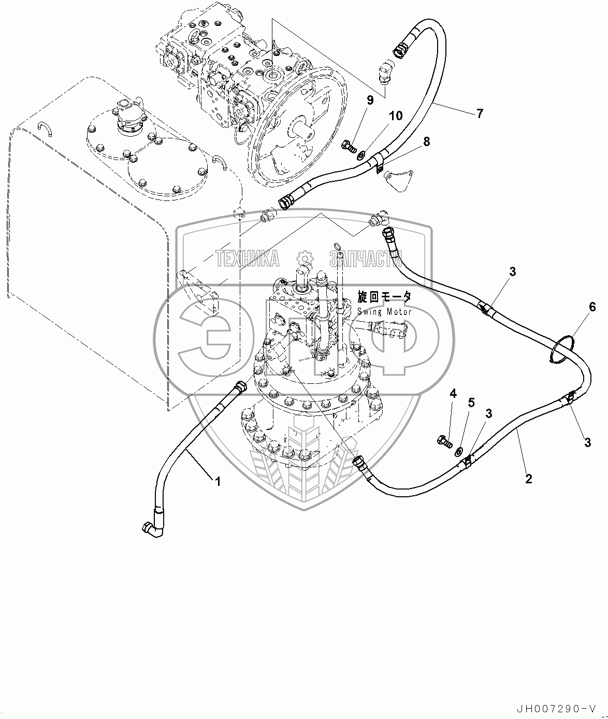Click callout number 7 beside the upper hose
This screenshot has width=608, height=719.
480,113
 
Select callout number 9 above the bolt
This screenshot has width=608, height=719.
370,100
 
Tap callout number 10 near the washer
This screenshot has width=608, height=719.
396,116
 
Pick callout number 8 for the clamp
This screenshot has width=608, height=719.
426,141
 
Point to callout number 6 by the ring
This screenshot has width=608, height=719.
592,307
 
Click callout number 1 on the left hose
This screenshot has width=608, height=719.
218,481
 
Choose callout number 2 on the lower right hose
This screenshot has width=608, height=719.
528,479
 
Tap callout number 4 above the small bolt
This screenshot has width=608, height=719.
453,394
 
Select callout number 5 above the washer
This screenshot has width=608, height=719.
471,402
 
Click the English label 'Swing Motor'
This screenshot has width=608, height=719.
384,311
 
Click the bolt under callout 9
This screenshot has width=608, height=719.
349,147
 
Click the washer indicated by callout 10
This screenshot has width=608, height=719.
361,153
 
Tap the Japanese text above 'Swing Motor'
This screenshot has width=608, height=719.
384,297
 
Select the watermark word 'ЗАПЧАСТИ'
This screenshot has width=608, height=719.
365,258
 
